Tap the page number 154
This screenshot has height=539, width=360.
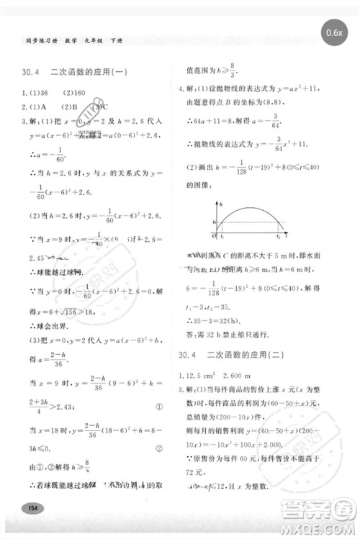click(x=31, y=508)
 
